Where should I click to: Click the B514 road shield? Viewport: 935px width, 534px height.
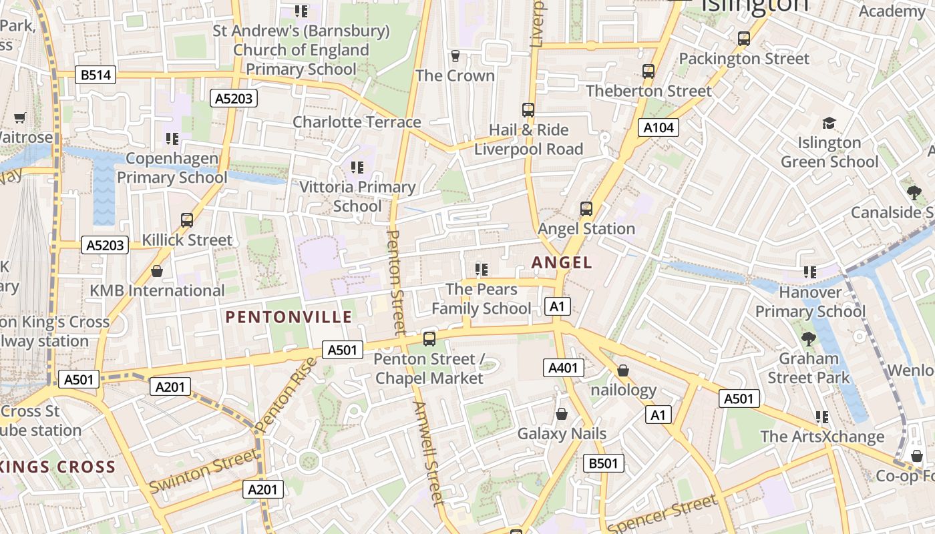coord(96,75)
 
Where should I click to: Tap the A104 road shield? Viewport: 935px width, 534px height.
coord(658,127)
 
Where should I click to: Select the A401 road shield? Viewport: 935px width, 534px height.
coord(564,367)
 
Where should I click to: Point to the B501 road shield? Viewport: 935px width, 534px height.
coord(603,463)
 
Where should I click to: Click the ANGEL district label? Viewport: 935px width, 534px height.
coord(562,262)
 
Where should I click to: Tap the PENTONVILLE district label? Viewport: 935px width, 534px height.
coord(289,317)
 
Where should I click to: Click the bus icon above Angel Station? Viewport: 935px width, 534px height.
coord(586,209)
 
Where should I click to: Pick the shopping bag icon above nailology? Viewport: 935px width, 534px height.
coord(623,370)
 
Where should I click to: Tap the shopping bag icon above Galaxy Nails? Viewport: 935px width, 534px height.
coord(562,414)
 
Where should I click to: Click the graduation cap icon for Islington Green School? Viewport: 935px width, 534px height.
coord(829,123)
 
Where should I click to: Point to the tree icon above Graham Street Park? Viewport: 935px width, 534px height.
coord(809,339)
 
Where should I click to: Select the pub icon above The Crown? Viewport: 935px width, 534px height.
coord(455,55)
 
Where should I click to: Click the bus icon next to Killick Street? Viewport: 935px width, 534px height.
coord(187,220)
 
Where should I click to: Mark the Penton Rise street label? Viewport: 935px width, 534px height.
coord(285,394)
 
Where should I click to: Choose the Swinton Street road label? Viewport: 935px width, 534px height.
coord(203,471)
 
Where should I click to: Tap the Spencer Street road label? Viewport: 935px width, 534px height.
coord(663,513)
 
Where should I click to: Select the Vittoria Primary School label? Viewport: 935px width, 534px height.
coord(357,196)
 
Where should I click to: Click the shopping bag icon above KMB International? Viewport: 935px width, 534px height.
coord(157,271)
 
